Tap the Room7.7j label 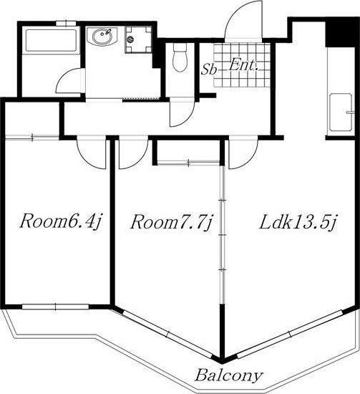pyautogui.click(x=172, y=223)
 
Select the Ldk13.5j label pyautogui.click(x=298, y=222)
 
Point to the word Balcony pyautogui.click(x=228, y=375)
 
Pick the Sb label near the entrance pyautogui.click(x=209, y=69)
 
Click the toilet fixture pyautogui.click(x=180, y=57)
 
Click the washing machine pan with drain pyautogui.click(x=135, y=39)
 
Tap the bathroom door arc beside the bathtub pyautogui.click(x=72, y=80)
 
